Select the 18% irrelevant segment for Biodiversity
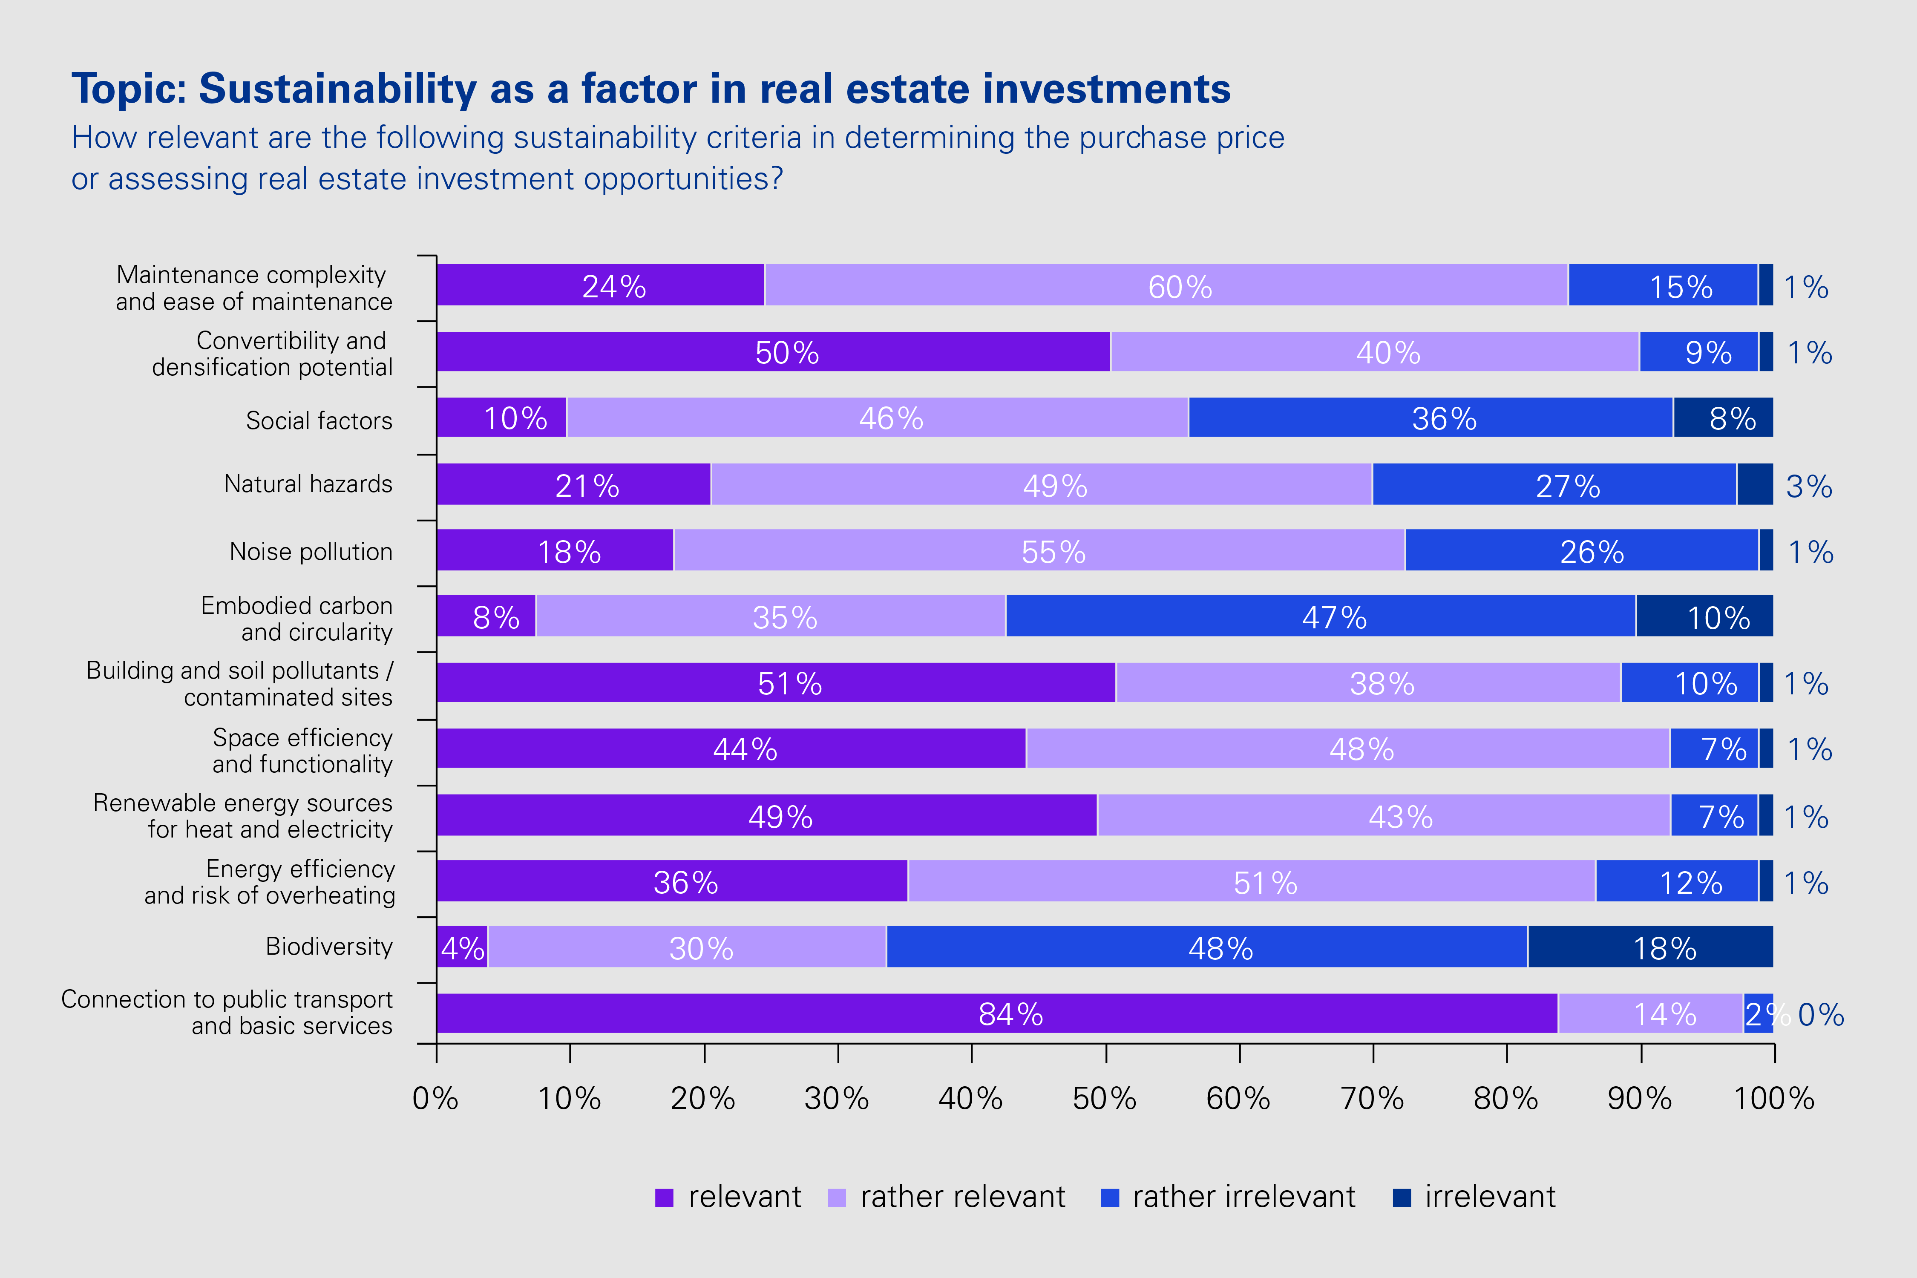click(x=1650, y=947)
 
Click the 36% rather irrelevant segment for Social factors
click(x=1431, y=418)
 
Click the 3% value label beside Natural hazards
click(x=1809, y=486)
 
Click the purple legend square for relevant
click(x=664, y=1197)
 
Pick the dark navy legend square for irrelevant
click(x=1402, y=1197)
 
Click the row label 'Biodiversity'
click(x=329, y=946)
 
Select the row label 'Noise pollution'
click(x=311, y=552)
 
